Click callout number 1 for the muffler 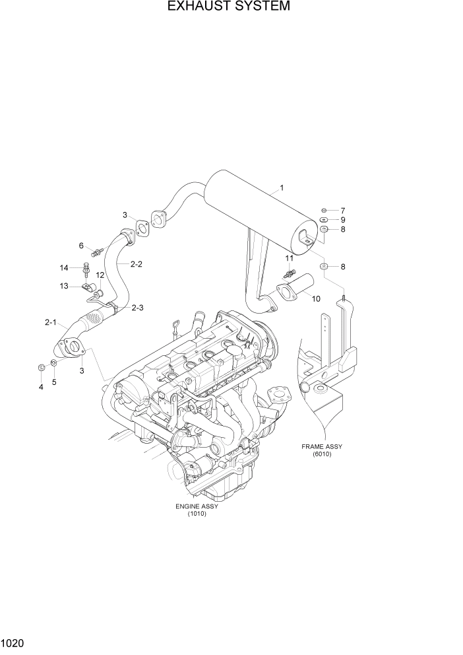tap(282, 188)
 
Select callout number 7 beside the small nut tap(343, 210)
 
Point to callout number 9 tap(343, 220)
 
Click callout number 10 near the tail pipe tap(316, 298)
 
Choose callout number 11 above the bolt tap(289, 258)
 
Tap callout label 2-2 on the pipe tap(137, 264)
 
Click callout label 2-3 tap(137, 308)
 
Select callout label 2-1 tap(51, 323)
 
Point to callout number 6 tap(82, 246)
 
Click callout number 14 tap(64, 267)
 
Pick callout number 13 tap(64, 286)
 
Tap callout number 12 tap(100, 275)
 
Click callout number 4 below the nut tap(41, 387)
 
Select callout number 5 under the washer tap(54, 382)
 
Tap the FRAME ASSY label tap(322, 446)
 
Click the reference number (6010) tap(322, 454)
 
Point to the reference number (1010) tap(197, 514)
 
